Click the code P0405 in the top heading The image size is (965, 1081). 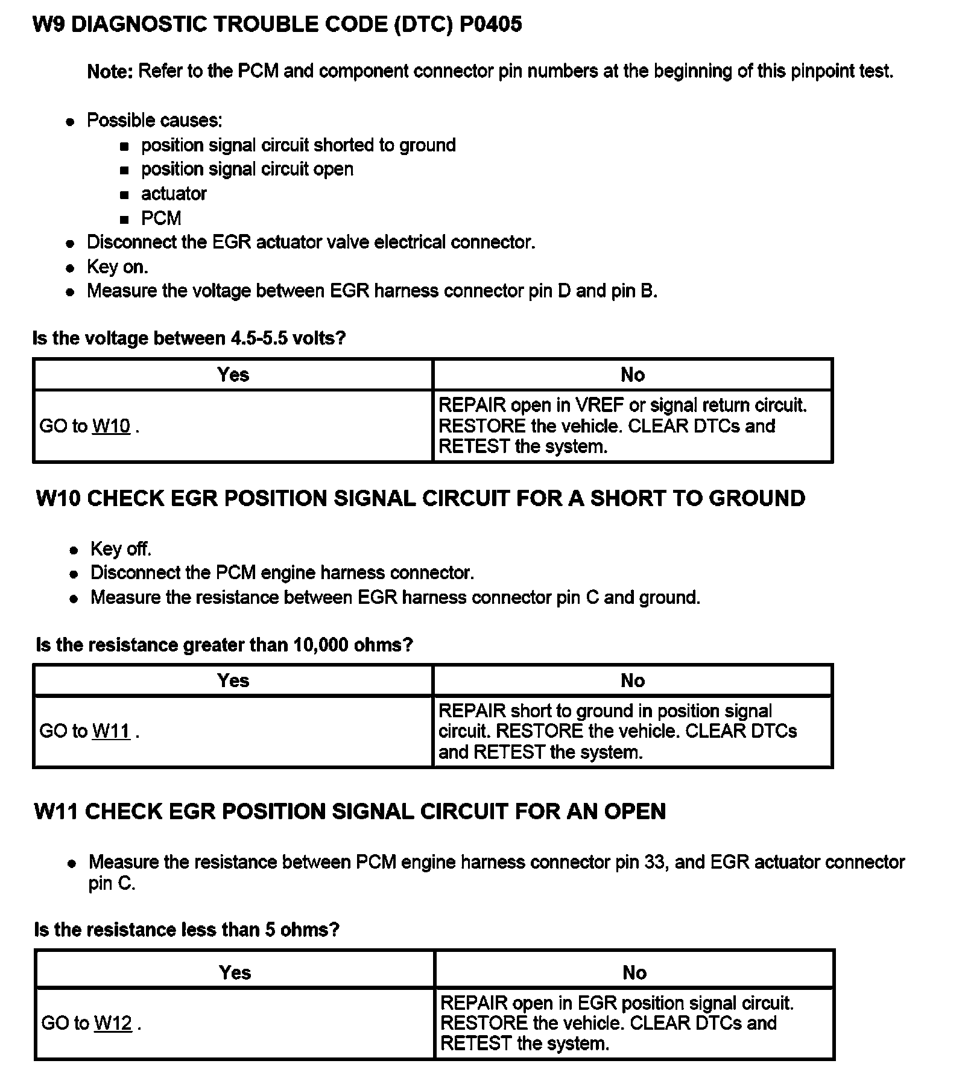(490, 24)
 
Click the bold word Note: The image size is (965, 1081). (110, 71)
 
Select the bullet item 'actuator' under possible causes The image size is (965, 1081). (174, 194)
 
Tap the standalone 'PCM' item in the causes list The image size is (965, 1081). (161, 218)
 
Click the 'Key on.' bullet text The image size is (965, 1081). (118, 267)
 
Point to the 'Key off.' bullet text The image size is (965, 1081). (121, 548)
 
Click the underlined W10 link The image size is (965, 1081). (111, 426)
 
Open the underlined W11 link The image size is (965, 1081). (111, 731)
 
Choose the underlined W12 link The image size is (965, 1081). (113, 1023)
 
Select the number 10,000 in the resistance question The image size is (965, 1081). (321, 645)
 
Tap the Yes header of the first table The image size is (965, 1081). (233, 375)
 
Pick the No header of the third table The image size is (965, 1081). (634, 972)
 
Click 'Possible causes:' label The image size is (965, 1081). (154, 120)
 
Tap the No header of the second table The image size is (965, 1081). (633, 680)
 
